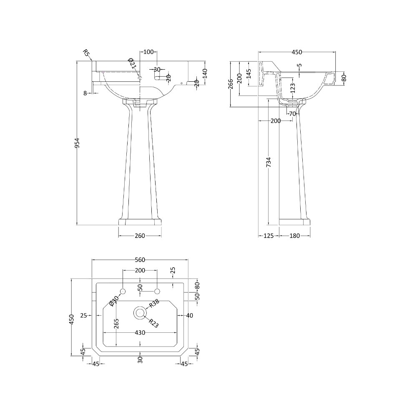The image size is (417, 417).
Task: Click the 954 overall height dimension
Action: tap(77, 143)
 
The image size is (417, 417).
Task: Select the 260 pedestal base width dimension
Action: tap(140, 236)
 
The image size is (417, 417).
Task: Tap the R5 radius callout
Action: tap(86, 53)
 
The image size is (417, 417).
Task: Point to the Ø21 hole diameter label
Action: tap(133, 64)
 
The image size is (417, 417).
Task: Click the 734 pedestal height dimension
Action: tap(269, 162)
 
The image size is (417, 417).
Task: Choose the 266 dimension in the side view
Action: tap(231, 84)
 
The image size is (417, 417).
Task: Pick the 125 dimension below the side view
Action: tap(269, 236)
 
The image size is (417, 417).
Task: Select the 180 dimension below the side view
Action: tap(294, 236)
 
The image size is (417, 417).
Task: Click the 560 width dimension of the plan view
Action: tap(140, 260)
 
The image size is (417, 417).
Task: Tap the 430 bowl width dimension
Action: tap(140, 333)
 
